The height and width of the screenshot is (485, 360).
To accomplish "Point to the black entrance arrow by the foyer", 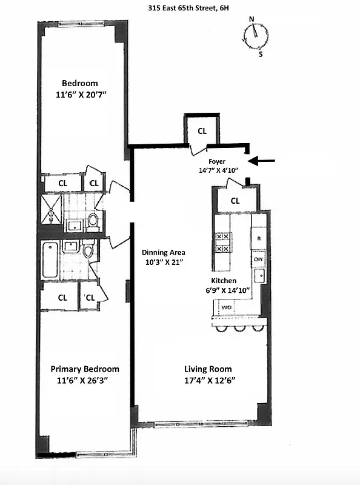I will tap(262, 161).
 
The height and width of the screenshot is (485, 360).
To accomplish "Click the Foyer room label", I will tap(217, 162).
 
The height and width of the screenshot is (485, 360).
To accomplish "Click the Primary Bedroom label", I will tap(85, 369).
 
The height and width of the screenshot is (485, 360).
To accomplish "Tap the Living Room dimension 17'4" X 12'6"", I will tap(208, 380).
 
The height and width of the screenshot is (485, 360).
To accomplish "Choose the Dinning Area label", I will tap(164, 252).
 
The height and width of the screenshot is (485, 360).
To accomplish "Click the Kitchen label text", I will tap(224, 281).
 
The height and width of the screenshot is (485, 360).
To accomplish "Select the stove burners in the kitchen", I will tap(222, 242).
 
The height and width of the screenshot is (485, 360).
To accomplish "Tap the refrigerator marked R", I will tap(258, 238).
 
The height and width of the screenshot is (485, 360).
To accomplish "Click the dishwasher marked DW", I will tap(258, 259).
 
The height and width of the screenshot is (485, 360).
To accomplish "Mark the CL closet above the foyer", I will tap(202, 130).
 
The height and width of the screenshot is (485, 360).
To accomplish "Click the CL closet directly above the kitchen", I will tap(235, 200).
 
